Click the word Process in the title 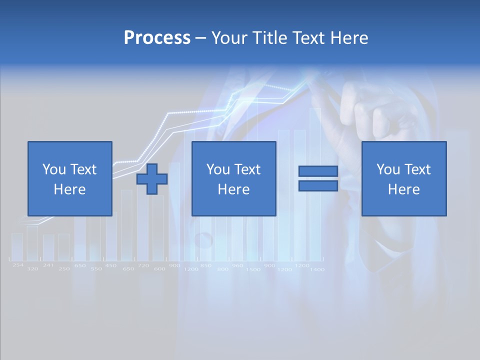157,38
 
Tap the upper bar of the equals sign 318,171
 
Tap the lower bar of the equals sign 318,185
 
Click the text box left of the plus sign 70,178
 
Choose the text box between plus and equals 233,178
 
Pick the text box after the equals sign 403,178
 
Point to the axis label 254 18,265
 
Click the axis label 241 48,265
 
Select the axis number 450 110,265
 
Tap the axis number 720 143,265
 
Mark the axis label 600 159,269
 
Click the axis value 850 205,265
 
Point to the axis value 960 237,265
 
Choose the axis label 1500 253,269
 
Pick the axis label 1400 317,269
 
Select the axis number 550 96,269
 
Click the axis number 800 223,269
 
